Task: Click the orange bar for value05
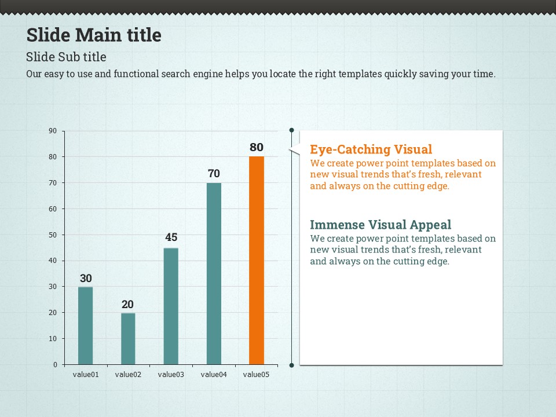point(257,261)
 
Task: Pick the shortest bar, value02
point(128,338)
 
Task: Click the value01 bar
point(85,325)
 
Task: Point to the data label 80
point(257,147)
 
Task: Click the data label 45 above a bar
point(171,237)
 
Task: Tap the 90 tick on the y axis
point(53,131)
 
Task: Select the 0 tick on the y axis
point(55,365)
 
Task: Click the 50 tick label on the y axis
point(53,235)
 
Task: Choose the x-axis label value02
point(128,375)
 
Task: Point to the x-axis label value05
point(257,375)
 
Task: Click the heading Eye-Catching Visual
point(371,149)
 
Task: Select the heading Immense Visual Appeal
point(381,225)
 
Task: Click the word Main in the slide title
point(99,35)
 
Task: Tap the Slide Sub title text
point(66,57)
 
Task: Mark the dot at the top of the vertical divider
point(291,130)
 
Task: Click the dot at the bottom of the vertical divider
point(291,365)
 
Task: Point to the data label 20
point(128,304)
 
